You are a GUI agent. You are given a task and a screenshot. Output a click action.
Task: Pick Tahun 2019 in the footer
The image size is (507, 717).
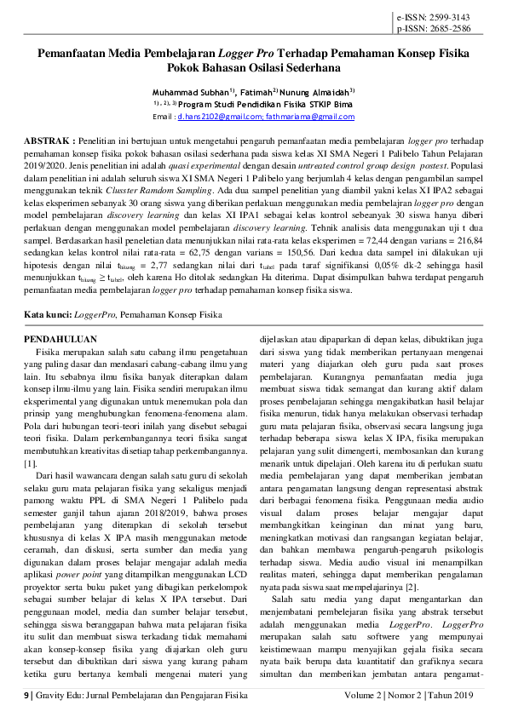(452, 695)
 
